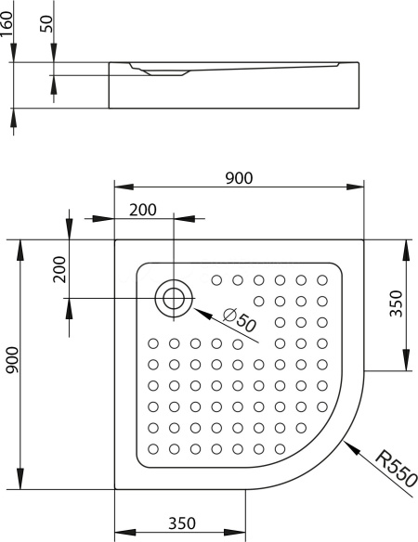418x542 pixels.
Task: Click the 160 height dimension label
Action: point(7,23)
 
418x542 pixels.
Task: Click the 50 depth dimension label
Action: point(47,24)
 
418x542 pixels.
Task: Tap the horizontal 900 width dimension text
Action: point(239,178)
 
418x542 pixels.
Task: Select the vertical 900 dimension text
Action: point(13,360)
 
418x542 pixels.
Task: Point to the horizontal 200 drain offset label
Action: point(143,210)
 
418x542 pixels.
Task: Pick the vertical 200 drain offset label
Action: point(59,269)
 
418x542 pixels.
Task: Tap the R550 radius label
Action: point(397,469)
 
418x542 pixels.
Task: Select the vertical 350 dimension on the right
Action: point(397,303)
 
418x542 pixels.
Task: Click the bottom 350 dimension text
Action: point(182,523)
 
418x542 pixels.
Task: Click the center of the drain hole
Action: point(174,298)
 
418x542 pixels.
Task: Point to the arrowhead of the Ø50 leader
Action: point(202,313)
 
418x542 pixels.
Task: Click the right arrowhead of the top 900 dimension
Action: point(355,187)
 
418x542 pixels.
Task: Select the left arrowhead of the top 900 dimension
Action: point(124,187)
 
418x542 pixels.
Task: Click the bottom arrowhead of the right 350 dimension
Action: point(407,360)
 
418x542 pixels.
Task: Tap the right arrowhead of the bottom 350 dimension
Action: point(236,533)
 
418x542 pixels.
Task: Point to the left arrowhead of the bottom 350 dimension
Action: point(124,533)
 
